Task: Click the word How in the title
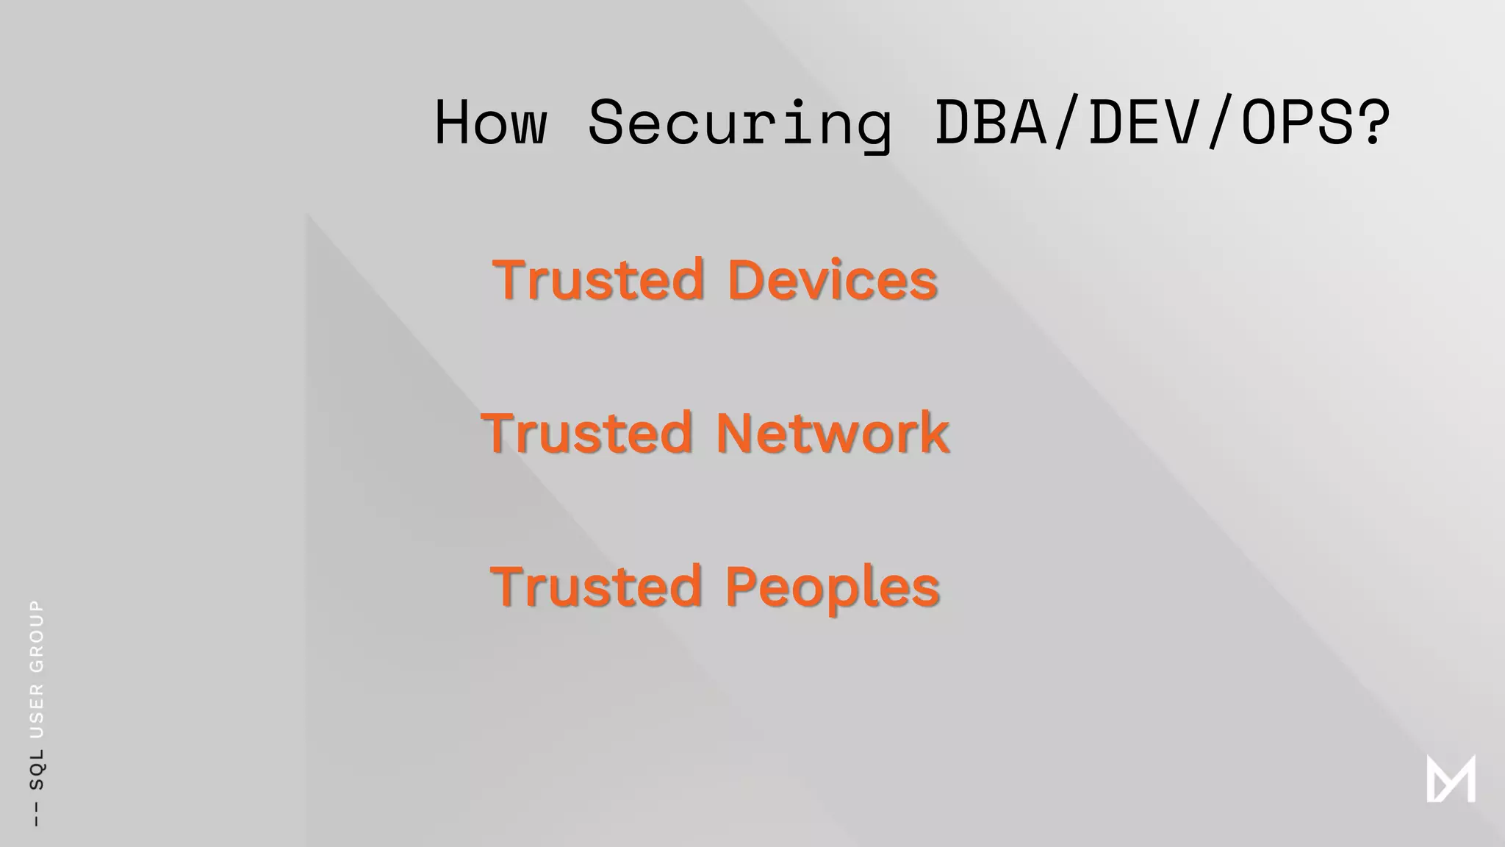(491, 122)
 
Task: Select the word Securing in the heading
(740, 124)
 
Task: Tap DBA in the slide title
(991, 122)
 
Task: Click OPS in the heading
(1298, 122)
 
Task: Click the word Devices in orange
(832, 280)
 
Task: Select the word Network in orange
(832, 433)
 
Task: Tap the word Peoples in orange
(832, 587)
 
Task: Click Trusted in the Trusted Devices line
(598, 280)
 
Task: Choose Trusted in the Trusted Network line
(586, 433)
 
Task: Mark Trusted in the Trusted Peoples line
(596, 587)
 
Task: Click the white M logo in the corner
(1451, 779)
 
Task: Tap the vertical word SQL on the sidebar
(36, 769)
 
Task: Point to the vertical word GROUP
(36, 635)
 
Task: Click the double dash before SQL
(36, 815)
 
